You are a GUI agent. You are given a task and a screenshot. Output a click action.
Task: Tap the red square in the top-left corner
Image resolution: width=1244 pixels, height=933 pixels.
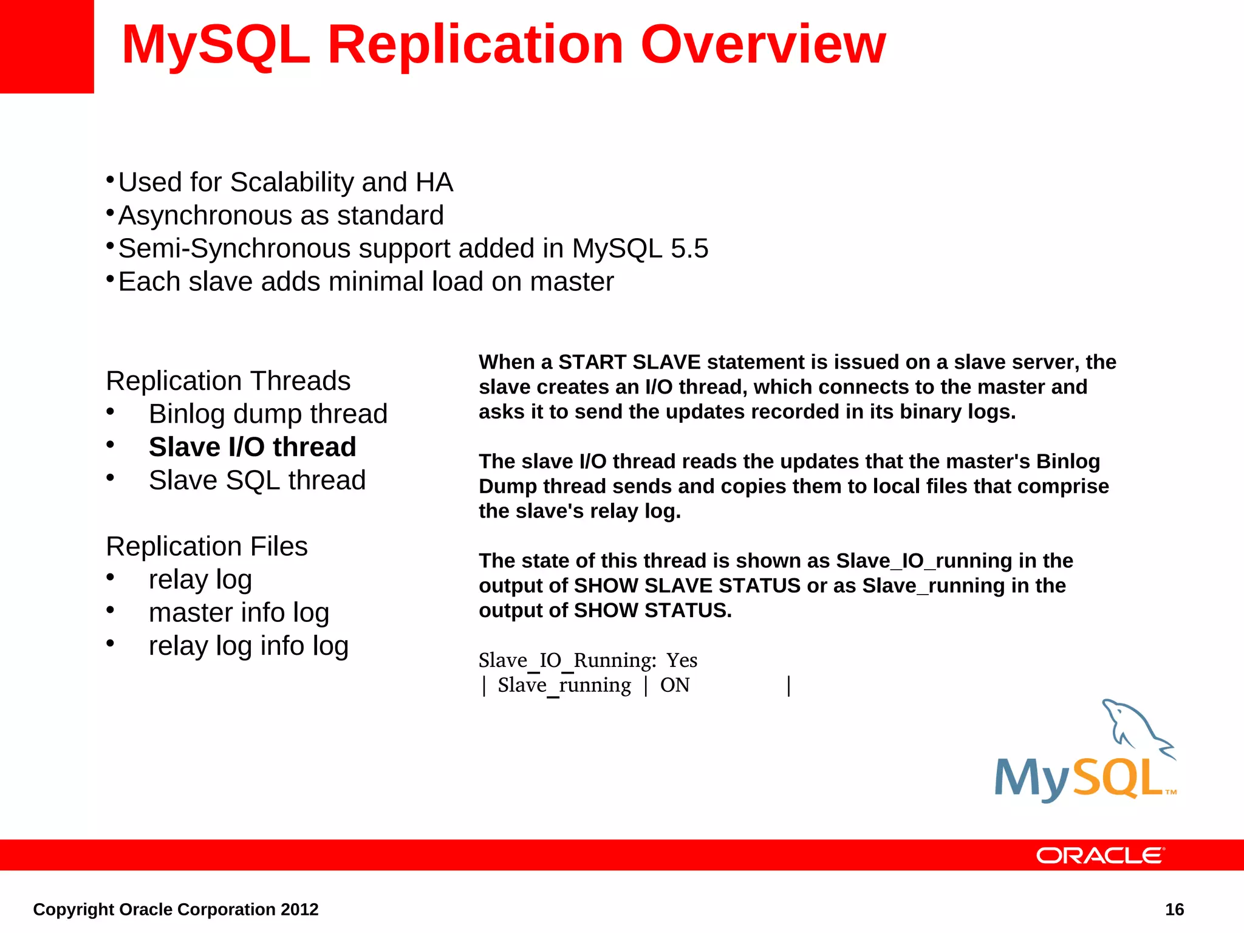tap(47, 46)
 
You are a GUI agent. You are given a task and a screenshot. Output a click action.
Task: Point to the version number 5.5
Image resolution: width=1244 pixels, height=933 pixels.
tap(689, 248)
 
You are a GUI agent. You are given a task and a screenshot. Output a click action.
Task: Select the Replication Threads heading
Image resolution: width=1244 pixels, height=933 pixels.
tap(228, 381)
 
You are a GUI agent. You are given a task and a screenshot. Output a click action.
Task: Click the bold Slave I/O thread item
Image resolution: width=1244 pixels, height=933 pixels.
tap(252, 447)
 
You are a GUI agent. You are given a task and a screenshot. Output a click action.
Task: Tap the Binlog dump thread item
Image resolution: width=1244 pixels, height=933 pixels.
tap(268, 414)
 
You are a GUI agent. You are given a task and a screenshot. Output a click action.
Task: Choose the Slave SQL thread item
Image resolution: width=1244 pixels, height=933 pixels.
tap(257, 480)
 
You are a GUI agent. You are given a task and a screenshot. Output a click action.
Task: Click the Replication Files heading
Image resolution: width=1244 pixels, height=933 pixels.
tap(207, 546)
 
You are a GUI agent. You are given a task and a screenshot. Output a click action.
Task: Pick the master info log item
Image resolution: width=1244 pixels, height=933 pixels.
tap(239, 612)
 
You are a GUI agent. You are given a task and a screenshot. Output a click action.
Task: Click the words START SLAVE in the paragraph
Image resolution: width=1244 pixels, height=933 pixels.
tap(629, 362)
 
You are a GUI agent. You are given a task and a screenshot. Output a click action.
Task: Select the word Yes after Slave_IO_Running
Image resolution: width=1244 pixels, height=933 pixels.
tap(682, 660)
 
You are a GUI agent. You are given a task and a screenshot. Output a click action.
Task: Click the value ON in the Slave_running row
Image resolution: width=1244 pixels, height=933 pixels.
tap(675, 685)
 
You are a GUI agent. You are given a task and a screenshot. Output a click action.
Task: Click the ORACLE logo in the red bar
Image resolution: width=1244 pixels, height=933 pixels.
tap(1100, 855)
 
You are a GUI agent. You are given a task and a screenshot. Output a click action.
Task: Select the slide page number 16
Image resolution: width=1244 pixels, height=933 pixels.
tap(1174, 909)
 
